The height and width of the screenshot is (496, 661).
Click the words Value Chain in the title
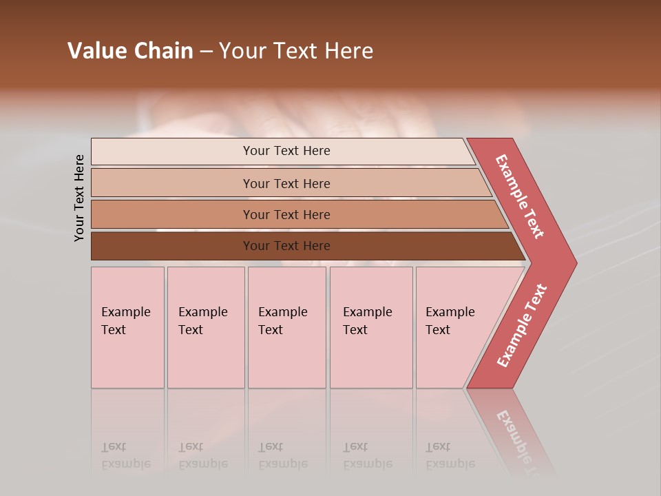click(130, 51)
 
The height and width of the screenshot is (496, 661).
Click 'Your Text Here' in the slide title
click(296, 51)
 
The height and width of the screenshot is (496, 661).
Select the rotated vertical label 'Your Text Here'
click(79, 198)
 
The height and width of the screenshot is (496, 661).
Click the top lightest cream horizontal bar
click(172, 152)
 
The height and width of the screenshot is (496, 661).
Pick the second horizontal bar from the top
click(172, 183)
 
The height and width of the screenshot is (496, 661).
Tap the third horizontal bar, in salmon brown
click(172, 214)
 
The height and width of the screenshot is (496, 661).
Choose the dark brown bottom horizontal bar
click(172, 246)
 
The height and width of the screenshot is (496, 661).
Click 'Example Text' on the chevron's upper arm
click(520, 196)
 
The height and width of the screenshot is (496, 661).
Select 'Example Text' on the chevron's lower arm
click(522, 326)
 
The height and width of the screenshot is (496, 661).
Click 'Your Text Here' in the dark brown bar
click(286, 246)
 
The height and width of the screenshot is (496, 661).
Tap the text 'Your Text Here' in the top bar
click(286, 151)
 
